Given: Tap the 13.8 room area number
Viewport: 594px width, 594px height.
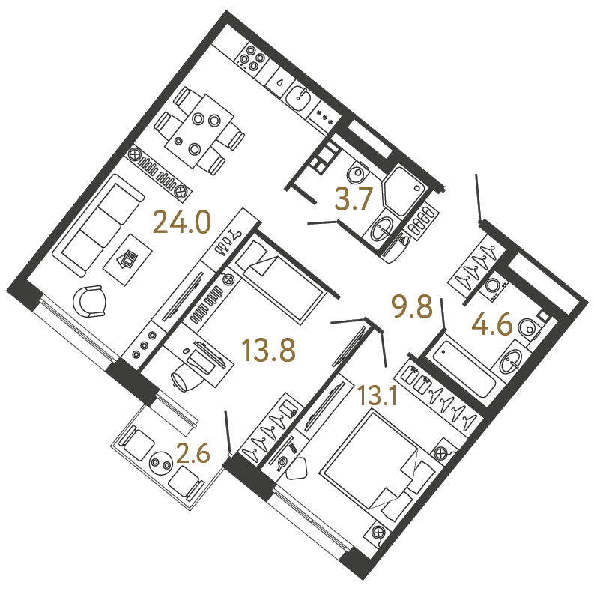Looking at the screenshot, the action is (269, 350).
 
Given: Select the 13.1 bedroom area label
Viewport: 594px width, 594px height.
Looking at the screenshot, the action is (378, 396).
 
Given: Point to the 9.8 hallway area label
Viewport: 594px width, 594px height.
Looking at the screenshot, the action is (412, 306).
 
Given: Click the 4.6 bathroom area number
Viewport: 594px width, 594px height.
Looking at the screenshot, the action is (492, 324).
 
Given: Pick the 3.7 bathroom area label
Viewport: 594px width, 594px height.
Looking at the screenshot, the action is (354, 198).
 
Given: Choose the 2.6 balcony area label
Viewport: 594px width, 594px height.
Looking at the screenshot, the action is (193, 453).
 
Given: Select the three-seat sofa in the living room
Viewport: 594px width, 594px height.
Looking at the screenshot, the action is (98, 225).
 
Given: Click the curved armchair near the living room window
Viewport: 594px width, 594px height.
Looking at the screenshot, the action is (90, 301).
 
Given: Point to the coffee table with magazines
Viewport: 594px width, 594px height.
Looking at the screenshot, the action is (128, 260).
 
